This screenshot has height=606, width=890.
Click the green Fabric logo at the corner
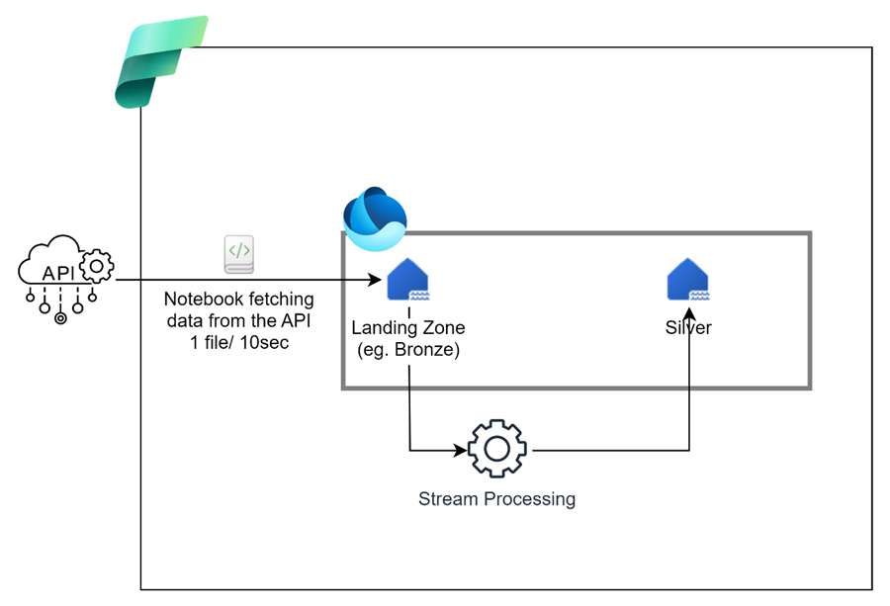pyautogui.click(x=160, y=61)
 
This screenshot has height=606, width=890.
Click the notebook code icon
pyautogui.click(x=239, y=253)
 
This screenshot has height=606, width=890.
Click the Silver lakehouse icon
pyautogui.click(x=688, y=280)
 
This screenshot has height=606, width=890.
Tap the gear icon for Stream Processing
pyautogui.click(x=496, y=450)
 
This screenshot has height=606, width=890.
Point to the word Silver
pyautogui.click(x=688, y=328)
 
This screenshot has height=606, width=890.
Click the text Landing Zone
pyautogui.click(x=407, y=328)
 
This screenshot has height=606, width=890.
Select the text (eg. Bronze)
pyautogui.click(x=407, y=349)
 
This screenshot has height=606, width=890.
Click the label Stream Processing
pyautogui.click(x=496, y=499)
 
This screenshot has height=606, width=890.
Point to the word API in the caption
pyautogui.click(x=297, y=319)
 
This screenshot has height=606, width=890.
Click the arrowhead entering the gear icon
pyautogui.click(x=460, y=451)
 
